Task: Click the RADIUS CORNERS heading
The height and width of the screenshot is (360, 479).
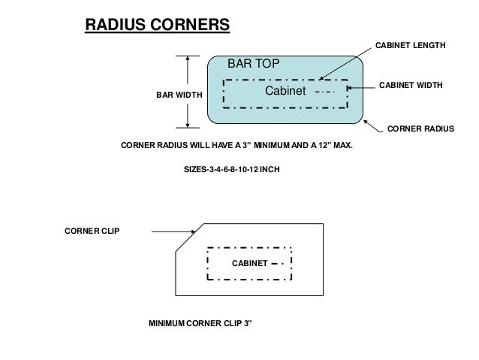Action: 156,24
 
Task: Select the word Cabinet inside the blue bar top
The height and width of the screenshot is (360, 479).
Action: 286,91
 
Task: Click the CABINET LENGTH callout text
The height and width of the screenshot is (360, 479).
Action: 410,47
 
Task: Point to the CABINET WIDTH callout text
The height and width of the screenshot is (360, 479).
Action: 411,87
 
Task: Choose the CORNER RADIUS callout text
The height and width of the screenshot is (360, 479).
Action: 420,129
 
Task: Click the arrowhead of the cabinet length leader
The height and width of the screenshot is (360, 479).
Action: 319,78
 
